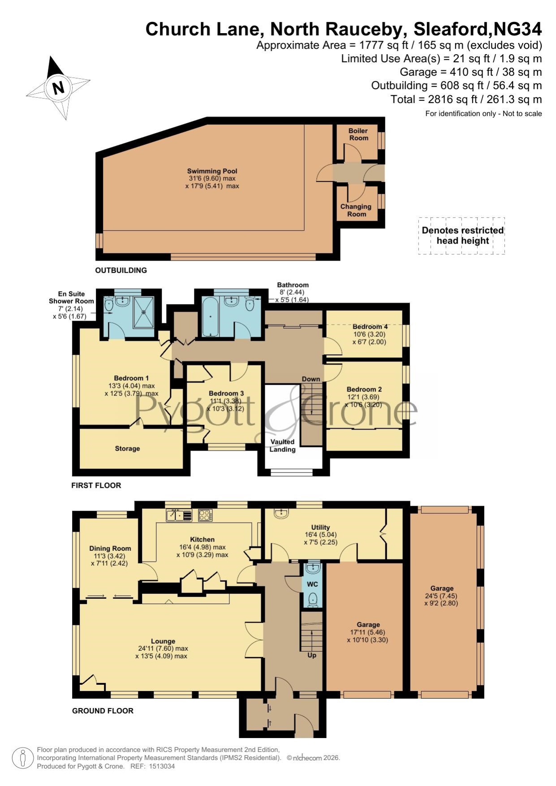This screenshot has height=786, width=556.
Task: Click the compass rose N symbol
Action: coord(58,87)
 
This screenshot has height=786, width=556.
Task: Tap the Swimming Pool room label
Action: coord(212,171)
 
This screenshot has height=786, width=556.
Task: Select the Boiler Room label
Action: coord(358,134)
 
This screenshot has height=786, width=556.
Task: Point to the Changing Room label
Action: coord(356,210)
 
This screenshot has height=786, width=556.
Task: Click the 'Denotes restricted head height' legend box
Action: coord(462,236)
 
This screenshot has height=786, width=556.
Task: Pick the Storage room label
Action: coord(127,448)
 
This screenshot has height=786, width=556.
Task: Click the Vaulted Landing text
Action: coord(283,446)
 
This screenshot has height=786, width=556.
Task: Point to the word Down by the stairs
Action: coord(311,379)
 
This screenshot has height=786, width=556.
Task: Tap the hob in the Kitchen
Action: coord(205,515)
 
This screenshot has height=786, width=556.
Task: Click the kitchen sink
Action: coord(179,515)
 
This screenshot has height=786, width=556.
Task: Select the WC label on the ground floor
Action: coord(312,584)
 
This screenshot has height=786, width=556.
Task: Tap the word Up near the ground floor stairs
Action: coord(312,655)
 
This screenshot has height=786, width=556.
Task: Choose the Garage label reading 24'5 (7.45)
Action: coord(442,596)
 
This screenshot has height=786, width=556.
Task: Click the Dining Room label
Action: coord(110,548)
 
